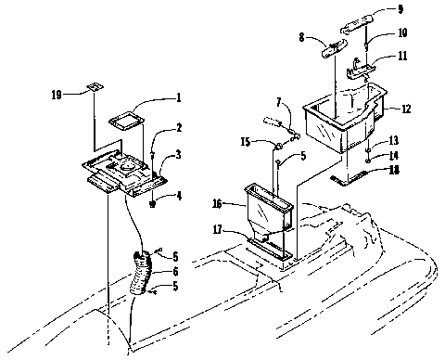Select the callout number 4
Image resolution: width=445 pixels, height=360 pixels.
(179, 195)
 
